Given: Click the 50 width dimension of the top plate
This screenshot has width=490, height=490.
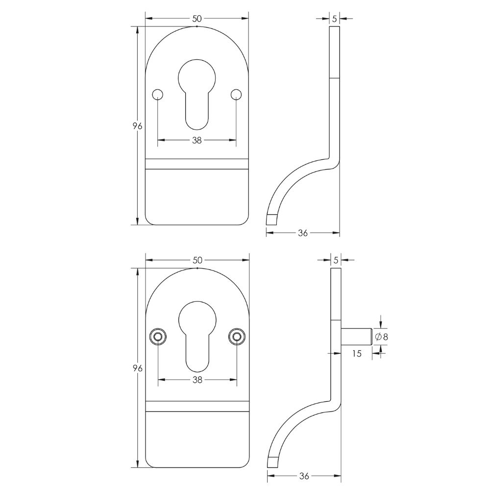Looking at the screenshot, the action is [197, 19].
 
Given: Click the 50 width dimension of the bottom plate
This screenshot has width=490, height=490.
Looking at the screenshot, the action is [198, 260].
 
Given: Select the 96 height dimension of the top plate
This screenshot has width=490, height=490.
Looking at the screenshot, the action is [138, 126].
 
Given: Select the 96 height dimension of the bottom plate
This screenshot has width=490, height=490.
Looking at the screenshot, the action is [138, 368].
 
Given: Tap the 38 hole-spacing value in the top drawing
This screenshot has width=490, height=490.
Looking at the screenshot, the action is [197, 140].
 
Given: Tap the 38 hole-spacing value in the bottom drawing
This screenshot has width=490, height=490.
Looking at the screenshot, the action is [197, 380].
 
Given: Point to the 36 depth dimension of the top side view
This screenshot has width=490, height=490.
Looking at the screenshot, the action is [303, 233].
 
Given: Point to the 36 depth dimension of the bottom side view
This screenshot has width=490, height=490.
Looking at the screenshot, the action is [304, 476].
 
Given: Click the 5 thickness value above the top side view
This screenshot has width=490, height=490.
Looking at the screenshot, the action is [334, 19].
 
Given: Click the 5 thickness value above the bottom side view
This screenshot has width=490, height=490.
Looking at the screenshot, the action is [336, 260].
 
